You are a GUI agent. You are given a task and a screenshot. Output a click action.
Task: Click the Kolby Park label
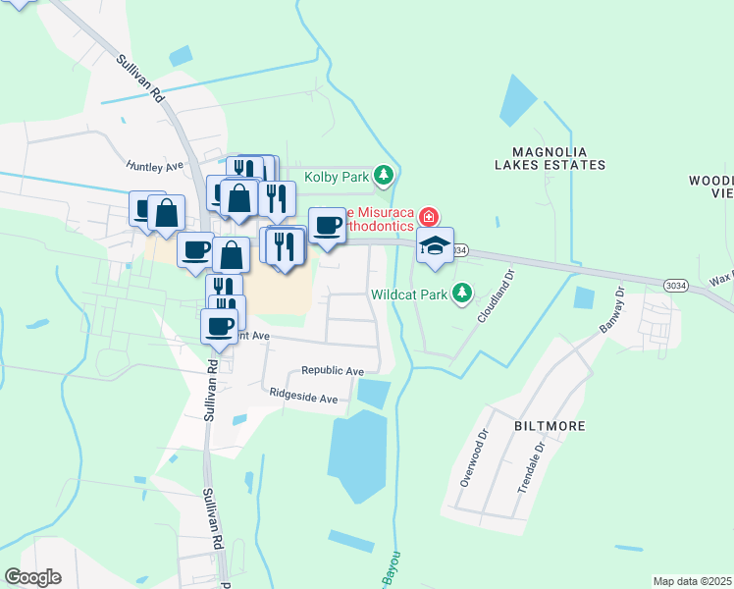[336, 177]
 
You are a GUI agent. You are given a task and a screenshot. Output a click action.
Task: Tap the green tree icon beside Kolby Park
[385, 176]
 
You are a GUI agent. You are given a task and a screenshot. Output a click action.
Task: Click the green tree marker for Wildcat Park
[456, 294]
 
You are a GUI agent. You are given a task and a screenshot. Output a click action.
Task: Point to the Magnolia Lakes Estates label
[559, 158]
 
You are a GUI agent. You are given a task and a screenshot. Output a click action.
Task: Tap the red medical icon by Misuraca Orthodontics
[428, 216]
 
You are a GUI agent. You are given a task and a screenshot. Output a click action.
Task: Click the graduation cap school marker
[435, 245]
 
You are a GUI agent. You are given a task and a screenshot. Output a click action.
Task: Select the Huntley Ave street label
[154, 167]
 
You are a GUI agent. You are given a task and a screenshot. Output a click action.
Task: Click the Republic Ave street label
[333, 371]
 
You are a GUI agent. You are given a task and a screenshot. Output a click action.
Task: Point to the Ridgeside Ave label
[304, 399]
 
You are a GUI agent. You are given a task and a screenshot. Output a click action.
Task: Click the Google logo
[32, 577]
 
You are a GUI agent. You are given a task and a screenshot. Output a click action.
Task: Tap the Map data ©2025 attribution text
[691, 581]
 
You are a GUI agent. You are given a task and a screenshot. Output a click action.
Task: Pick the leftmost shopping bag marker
[167, 213]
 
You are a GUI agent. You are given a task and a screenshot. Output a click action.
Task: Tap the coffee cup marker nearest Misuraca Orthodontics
[328, 225]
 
